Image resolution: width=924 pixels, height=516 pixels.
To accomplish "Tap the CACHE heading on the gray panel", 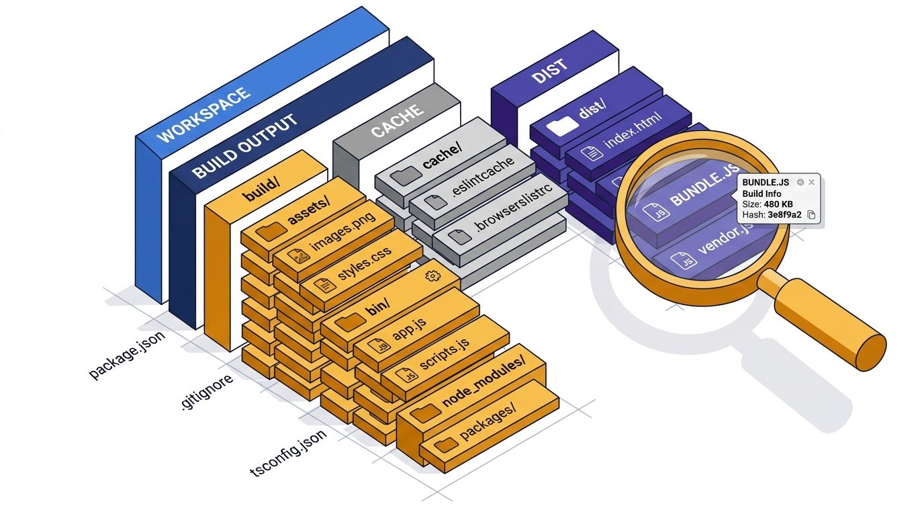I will (x=398, y=121).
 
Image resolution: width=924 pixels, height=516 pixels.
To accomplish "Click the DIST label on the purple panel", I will (x=549, y=70).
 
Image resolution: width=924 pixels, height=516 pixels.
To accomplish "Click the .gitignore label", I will (x=207, y=392).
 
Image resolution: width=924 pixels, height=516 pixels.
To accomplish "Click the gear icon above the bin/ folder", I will (x=432, y=275).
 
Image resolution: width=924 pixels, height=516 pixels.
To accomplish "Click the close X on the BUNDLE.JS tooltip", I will (x=811, y=182).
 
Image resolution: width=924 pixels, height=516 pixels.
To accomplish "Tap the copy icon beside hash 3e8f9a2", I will (x=811, y=215).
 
